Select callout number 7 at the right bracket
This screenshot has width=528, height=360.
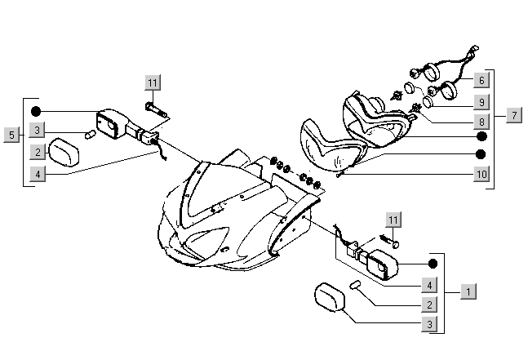pos(513,115)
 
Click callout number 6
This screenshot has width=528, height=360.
pos(481,80)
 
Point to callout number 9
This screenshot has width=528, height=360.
pos(481,103)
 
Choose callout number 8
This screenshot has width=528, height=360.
pos(481,122)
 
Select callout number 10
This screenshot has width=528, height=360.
pos(481,174)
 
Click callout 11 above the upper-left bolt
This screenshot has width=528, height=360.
pos(153,82)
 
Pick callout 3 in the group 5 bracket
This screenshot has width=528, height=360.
pos(37,131)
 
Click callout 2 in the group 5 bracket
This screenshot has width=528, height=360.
pos(37,152)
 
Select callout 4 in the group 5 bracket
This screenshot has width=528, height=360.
pos(37,173)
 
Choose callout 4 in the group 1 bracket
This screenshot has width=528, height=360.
pos(428,285)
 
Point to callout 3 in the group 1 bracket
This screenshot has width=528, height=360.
pos(428,325)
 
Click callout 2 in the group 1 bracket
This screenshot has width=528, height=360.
pos(428,304)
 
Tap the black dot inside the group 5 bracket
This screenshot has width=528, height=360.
pos(35,111)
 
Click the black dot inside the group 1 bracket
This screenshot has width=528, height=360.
pos(433,264)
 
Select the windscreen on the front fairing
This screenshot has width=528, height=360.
pos(202,192)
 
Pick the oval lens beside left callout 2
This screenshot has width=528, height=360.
pos(63,152)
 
